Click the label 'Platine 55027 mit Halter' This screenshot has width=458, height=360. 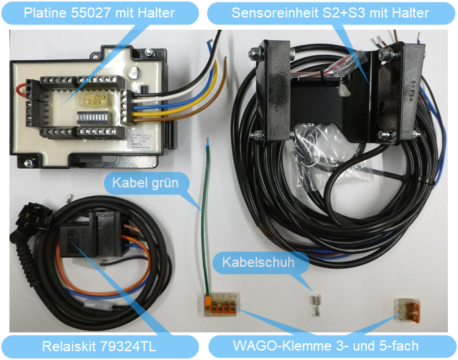click(x=99, y=12)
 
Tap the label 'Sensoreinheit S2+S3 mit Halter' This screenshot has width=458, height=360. click(x=330, y=12)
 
